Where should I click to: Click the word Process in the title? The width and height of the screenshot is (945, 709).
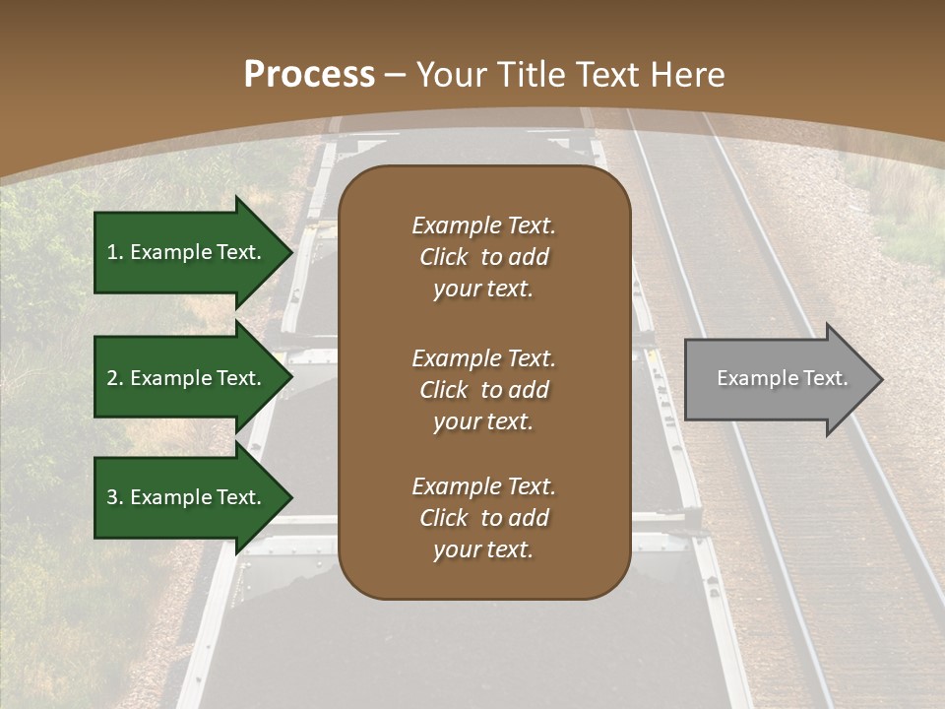tap(309, 75)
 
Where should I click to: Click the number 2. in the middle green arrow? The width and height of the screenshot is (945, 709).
tap(115, 378)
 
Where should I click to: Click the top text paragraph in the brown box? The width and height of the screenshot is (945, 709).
tap(483, 257)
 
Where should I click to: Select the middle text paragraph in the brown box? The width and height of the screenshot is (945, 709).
tap(483, 390)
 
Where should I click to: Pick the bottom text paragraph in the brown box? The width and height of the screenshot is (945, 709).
tap(483, 518)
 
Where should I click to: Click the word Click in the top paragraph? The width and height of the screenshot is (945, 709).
tap(444, 257)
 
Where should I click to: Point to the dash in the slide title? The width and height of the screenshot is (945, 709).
tap(395, 76)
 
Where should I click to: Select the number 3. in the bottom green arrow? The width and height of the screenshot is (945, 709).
tap(115, 497)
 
